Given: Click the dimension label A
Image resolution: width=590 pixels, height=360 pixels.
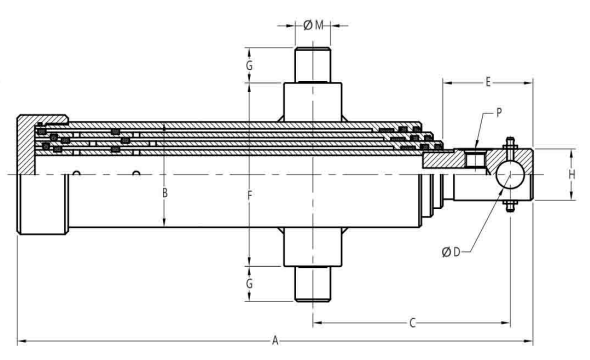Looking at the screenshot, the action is (275, 341).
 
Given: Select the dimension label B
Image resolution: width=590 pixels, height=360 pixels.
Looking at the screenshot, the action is (165, 193).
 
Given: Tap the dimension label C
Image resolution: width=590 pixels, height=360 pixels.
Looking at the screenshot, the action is (412, 323).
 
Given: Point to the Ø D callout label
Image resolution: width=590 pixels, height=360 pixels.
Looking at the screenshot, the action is (451, 252).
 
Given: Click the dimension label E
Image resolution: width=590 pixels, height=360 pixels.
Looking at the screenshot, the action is (488, 82).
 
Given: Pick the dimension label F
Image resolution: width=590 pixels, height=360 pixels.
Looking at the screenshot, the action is (249, 195).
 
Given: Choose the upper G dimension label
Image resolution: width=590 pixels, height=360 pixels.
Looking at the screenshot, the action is (249, 65).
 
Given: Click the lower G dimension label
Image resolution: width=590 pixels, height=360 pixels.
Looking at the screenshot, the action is (249, 283).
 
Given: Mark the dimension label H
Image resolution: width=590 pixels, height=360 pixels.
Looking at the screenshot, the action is (572, 175).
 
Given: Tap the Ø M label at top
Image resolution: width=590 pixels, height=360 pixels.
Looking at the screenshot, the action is (313, 25).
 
